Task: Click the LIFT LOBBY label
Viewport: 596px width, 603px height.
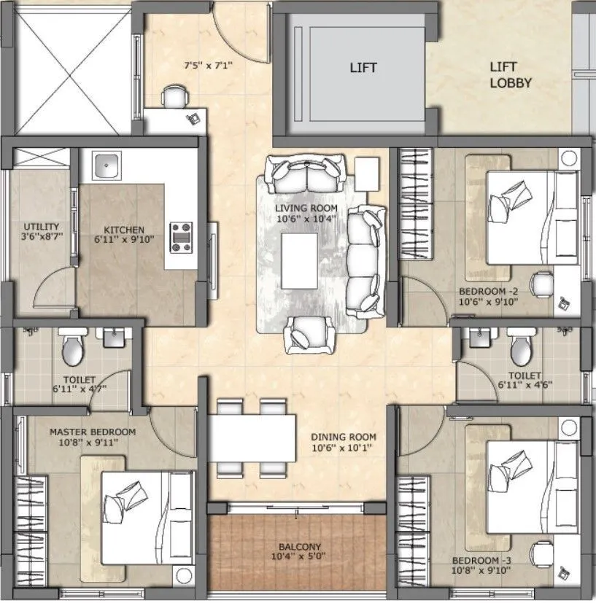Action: click(x=510, y=74)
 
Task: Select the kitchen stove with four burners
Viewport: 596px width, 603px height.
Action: click(x=181, y=236)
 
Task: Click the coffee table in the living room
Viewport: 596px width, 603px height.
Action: click(x=299, y=261)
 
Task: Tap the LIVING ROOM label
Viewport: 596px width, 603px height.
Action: click(x=306, y=209)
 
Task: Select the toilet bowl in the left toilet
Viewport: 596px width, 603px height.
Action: click(x=72, y=350)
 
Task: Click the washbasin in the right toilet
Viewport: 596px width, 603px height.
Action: click(x=479, y=338)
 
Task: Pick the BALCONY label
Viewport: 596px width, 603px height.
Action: click(x=299, y=546)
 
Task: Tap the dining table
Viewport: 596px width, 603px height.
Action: click(x=252, y=437)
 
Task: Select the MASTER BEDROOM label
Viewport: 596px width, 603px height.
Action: click(x=92, y=432)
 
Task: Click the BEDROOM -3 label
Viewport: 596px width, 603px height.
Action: click(x=478, y=561)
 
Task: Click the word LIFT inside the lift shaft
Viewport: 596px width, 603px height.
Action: click(x=363, y=68)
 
